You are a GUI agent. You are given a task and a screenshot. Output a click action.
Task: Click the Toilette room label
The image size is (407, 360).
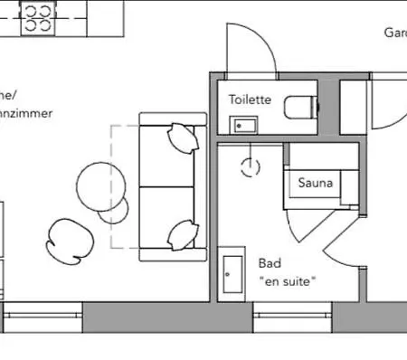click(x=250, y=99)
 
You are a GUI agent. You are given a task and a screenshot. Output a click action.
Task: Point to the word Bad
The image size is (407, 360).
click(x=270, y=263)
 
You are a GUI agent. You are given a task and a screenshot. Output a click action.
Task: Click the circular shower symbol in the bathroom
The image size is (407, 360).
click(x=250, y=166)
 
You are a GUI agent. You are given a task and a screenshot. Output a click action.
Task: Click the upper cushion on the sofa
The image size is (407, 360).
click(x=182, y=139)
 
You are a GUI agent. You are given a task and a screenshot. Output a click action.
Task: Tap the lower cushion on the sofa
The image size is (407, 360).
click(x=183, y=235)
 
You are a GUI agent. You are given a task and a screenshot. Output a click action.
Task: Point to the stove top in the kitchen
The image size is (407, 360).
click(x=38, y=16)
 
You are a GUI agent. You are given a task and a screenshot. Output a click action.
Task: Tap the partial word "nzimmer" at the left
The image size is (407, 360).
click(x=27, y=114)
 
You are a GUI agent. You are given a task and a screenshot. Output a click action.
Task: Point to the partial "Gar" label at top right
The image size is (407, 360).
click(x=393, y=33)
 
